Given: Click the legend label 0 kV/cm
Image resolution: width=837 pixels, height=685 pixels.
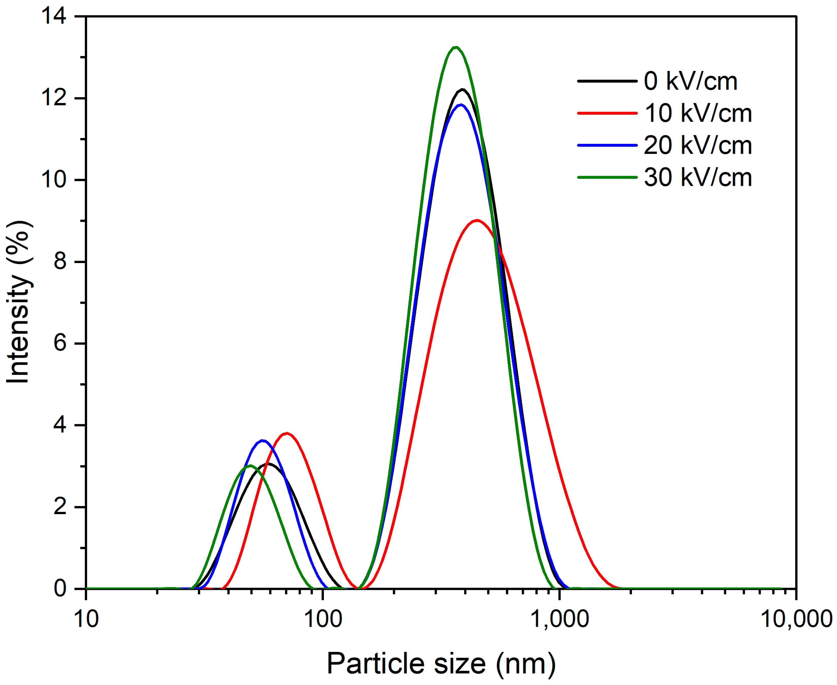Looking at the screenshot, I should coord(690,81).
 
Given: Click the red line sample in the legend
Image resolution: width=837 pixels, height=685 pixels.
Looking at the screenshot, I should coord(607,113).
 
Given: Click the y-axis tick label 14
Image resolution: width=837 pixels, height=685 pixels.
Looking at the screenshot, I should coord(54,17).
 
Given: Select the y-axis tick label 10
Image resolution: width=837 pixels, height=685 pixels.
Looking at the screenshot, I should coord(54,180).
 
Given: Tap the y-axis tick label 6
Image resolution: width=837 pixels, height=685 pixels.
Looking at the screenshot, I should coord(60,343).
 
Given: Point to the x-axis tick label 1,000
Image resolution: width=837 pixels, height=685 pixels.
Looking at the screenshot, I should coord(560,619).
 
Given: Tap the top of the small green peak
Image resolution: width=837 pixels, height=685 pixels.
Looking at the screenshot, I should coord(250,466).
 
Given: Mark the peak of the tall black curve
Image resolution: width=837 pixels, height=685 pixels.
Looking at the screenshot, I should coord(463,89).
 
